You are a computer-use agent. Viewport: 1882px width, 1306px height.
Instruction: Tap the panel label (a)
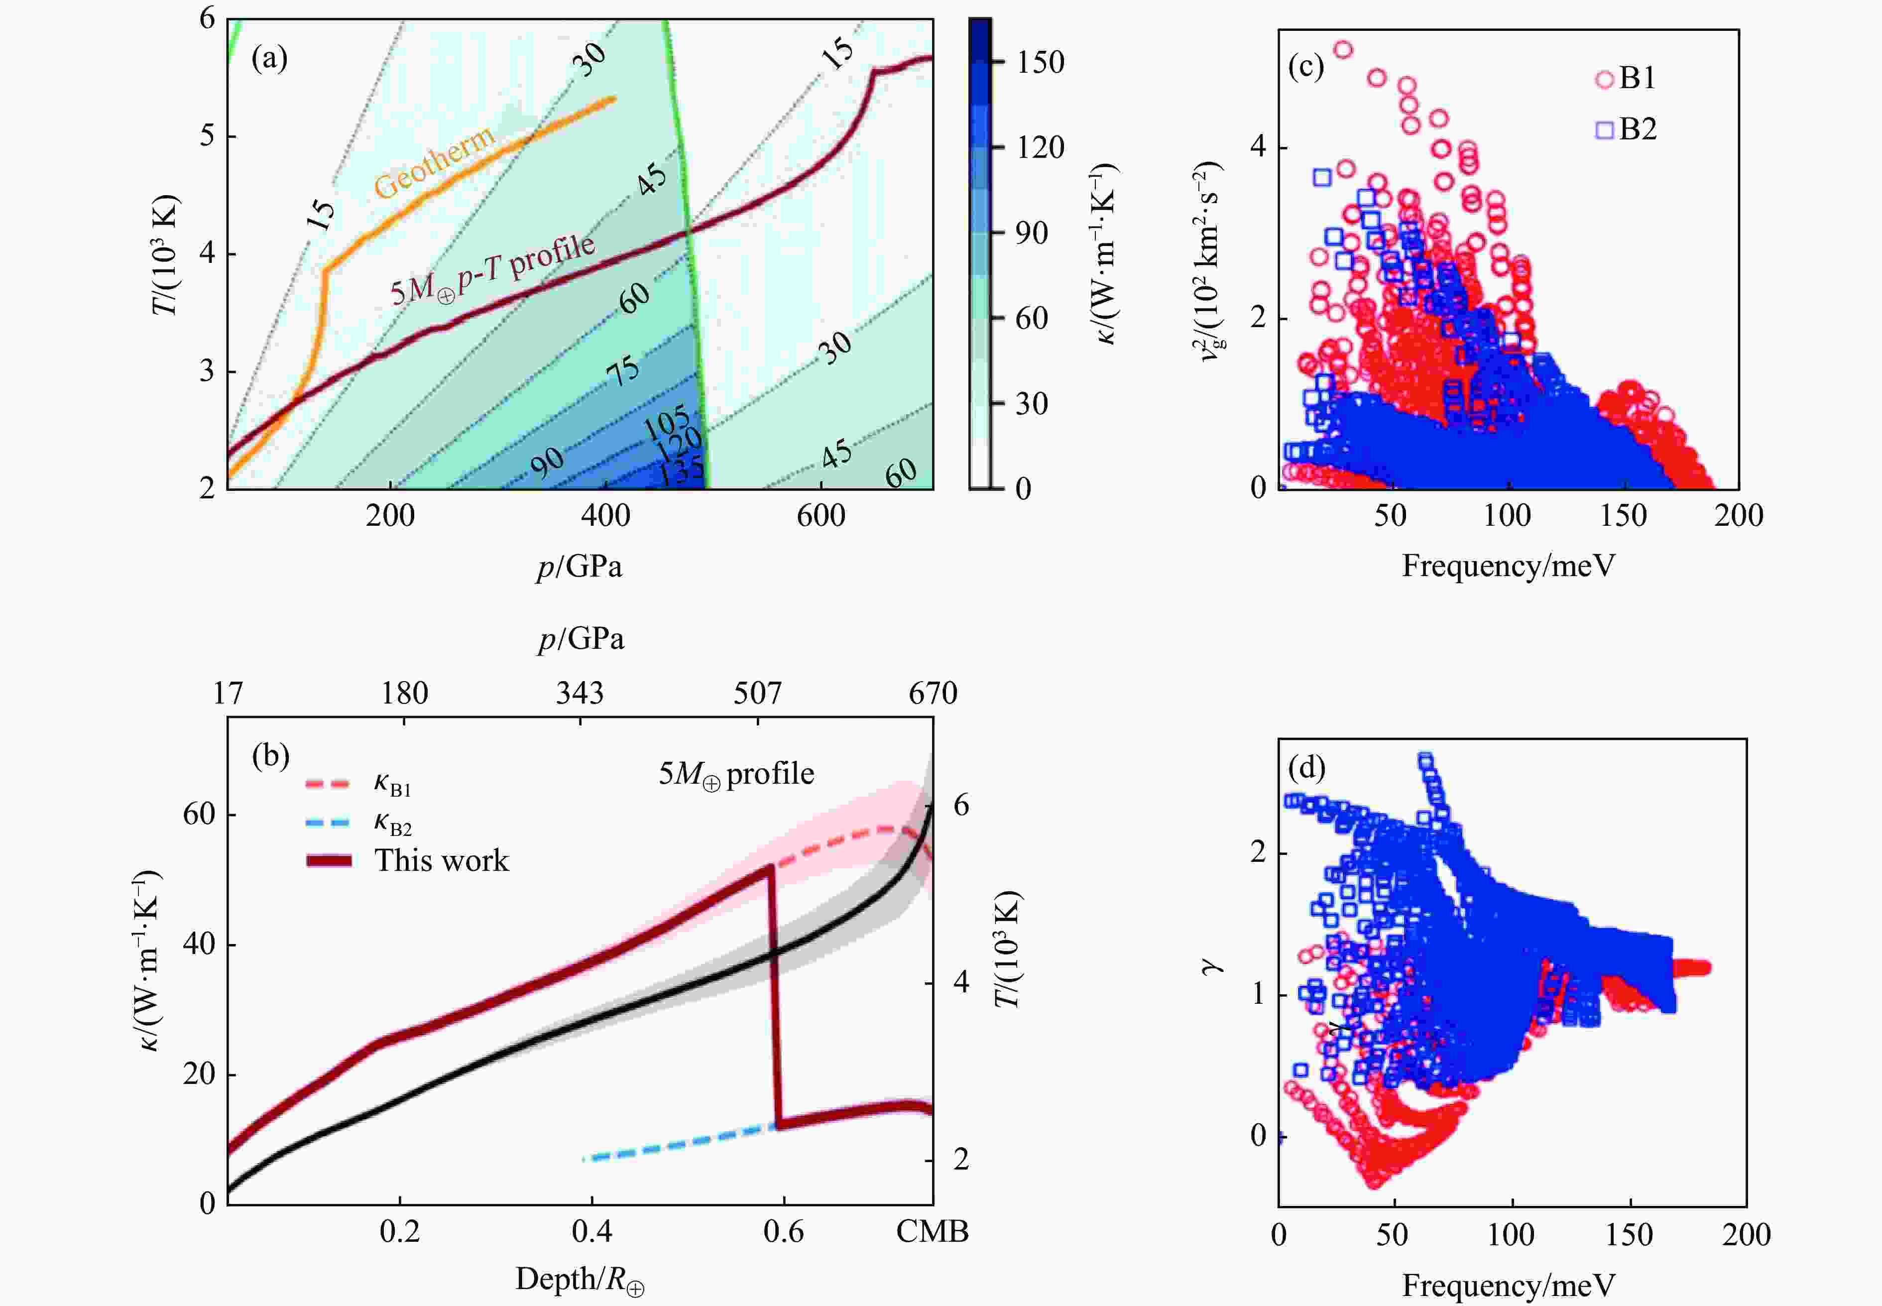point(269,58)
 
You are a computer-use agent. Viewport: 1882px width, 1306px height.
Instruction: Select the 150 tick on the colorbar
point(1039,62)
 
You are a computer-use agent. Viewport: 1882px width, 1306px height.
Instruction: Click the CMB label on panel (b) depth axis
point(932,1231)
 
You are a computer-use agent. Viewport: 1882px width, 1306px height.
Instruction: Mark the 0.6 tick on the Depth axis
point(783,1231)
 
